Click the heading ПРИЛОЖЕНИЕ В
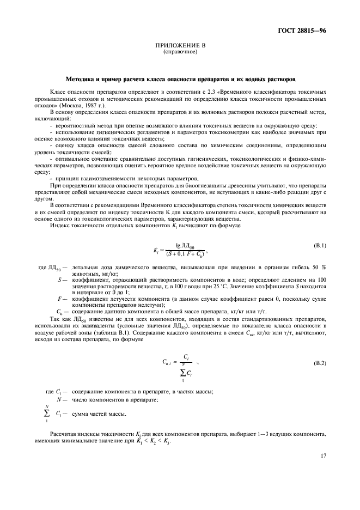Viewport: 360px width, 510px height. click(x=180, y=47)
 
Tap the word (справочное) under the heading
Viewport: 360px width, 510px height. click(x=180, y=52)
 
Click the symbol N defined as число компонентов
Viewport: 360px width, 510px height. click(x=58, y=399)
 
